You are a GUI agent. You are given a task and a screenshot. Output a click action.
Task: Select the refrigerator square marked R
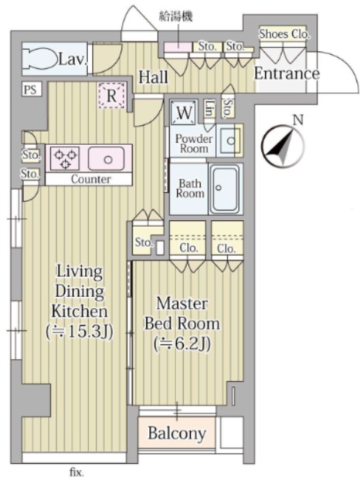point(111,96)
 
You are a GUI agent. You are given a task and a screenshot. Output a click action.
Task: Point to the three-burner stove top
point(65,157)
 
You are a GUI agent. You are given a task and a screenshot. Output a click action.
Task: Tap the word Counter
point(91,179)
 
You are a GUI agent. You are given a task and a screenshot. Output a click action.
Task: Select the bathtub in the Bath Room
point(225,189)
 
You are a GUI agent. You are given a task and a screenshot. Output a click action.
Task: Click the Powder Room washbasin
point(230,140)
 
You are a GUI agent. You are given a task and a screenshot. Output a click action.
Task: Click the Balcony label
point(177,434)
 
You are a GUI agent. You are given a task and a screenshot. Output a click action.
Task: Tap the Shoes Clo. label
point(284,34)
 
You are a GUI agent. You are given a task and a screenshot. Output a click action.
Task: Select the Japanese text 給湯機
point(175,16)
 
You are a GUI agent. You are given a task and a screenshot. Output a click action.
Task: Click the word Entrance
point(287,73)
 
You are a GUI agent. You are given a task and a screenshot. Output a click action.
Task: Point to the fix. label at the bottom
point(76,473)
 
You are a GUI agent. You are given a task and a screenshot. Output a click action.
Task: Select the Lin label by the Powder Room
point(209,109)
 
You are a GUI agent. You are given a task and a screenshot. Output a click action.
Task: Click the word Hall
point(154,77)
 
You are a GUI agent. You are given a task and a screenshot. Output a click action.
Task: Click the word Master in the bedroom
point(182,303)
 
